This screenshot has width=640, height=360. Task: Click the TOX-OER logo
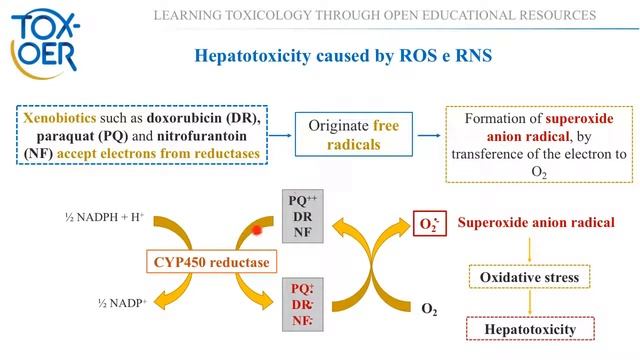click(44, 43)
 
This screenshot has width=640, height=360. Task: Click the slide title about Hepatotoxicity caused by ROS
click(343, 56)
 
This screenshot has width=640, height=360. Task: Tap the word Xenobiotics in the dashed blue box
click(60, 118)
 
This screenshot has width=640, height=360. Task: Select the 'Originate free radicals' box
click(353, 135)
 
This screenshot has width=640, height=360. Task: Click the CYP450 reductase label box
click(211, 262)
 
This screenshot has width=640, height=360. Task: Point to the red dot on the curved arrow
click(257, 231)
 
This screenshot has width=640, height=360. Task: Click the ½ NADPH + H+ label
click(104, 217)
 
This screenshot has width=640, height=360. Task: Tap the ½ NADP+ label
click(122, 303)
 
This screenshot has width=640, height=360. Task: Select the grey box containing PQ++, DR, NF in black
click(302, 216)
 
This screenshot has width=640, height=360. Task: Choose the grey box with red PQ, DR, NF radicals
click(302, 304)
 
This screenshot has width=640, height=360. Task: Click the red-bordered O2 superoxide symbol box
click(430, 223)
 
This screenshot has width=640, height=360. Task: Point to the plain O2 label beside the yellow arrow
click(429, 309)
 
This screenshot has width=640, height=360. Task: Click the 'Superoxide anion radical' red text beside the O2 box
click(536, 222)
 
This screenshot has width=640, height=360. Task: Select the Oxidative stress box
click(529, 277)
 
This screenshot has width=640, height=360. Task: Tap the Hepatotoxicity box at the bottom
click(530, 329)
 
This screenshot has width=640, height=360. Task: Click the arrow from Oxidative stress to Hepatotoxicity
click(530, 302)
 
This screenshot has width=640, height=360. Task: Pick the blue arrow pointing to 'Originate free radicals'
click(280, 135)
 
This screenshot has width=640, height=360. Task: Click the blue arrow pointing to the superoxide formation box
click(429, 135)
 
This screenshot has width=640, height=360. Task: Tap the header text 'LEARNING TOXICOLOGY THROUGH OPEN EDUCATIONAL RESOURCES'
click(375, 16)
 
